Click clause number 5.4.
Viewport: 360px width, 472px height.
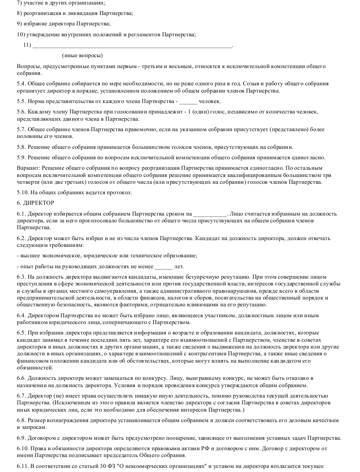(x=21, y=84)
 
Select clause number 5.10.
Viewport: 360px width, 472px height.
(x=22, y=192)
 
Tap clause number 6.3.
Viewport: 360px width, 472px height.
(x=21, y=277)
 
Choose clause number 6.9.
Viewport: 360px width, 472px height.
(x=21, y=438)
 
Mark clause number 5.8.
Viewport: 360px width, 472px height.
(x=21, y=147)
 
